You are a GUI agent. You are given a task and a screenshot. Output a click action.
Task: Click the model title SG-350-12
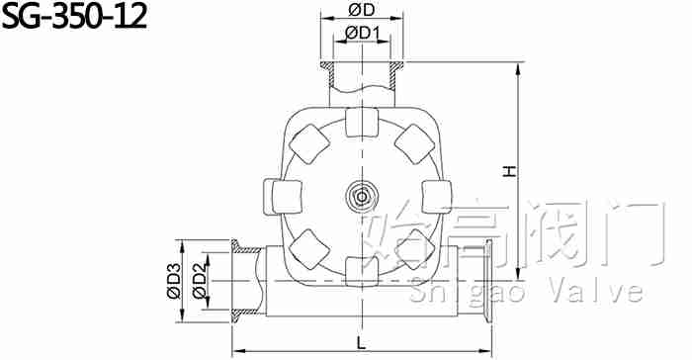pyautogui.click(x=74, y=17)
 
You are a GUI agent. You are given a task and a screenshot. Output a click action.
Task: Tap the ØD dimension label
pyautogui.click(x=362, y=10)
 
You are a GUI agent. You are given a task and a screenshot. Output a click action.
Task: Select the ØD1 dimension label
pyautogui.click(x=363, y=33)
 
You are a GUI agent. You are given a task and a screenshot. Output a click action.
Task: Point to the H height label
pyautogui.click(x=510, y=171)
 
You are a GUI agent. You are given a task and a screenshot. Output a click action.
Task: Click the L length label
pyautogui.click(x=362, y=343)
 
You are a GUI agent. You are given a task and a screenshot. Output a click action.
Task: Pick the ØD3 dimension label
pyautogui.click(x=174, y=281)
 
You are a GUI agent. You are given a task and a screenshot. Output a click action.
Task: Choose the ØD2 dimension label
pyautogui.click(x=200, y=281)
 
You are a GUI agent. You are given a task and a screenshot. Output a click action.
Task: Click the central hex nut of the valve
pyautogui.click(x=362, y=197)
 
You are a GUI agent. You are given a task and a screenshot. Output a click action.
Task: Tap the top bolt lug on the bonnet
pyautogui.click(x=362, y=123)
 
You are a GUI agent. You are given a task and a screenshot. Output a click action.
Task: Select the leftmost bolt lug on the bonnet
pyautogui.click(x=283, y=197)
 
